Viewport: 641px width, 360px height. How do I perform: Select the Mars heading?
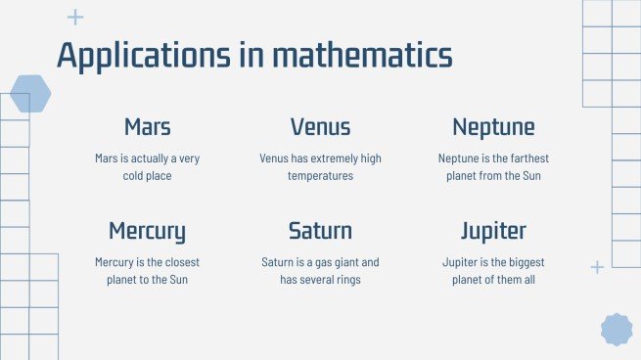[148, 127]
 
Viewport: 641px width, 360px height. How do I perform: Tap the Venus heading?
[320, 127]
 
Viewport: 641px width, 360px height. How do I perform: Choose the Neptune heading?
[493, 127]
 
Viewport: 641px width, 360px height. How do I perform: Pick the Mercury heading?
[148, 232]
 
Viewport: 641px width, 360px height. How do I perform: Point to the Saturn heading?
[320, 232]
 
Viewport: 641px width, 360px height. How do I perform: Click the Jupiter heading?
[493, 232]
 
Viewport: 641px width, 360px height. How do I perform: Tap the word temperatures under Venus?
[320, 176]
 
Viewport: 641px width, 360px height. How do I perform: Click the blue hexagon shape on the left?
[29, 94]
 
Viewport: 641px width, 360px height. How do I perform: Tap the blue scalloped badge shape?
[616, 330]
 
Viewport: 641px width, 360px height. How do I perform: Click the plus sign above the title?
[75, 18]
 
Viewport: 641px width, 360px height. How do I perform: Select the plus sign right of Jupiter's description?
[597, 267]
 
